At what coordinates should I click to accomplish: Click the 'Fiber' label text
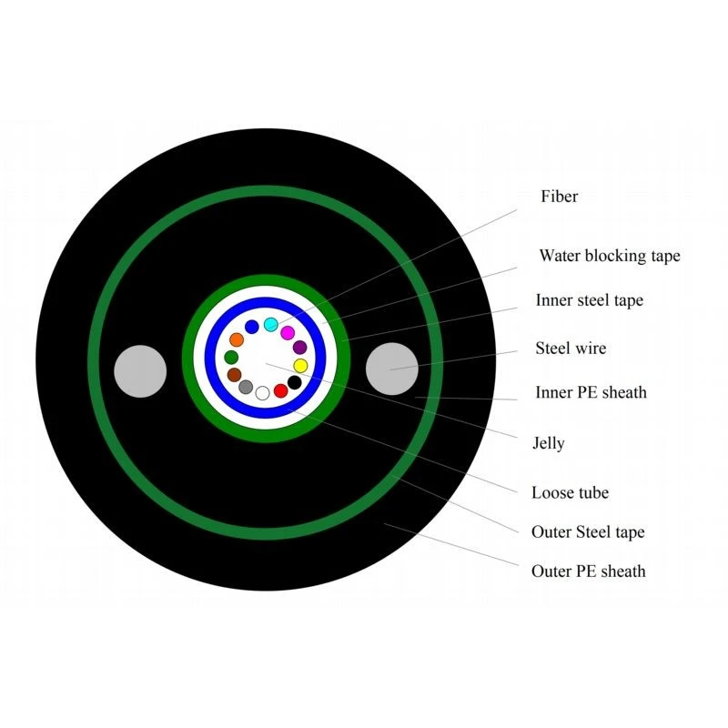(559, 197)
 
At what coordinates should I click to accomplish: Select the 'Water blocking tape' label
(610, 256)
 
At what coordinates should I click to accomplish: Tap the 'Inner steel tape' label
(589, 300)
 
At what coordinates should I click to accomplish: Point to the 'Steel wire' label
(571, 349)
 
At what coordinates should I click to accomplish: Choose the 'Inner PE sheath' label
(591, 392)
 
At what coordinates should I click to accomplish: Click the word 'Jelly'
(549, 443)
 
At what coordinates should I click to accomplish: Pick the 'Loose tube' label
(570, 492)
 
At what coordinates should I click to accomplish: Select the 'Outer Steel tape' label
(588, 532)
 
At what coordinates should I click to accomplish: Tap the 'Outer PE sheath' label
(588, 571)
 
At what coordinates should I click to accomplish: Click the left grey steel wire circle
(140, 371)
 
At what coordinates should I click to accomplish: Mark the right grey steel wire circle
(392, 369)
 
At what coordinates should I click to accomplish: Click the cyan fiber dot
(270, 325)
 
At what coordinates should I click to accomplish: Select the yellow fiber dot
(300, 366)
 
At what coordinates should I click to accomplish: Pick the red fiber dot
(280, 391)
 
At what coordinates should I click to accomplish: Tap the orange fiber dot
(237, 339)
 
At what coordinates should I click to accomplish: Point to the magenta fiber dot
(288, 333)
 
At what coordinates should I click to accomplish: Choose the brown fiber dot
(234, 375)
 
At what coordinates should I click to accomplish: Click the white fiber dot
(262, 393)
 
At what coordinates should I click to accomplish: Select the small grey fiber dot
(246, 387)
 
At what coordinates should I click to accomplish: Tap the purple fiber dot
(300, 348)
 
